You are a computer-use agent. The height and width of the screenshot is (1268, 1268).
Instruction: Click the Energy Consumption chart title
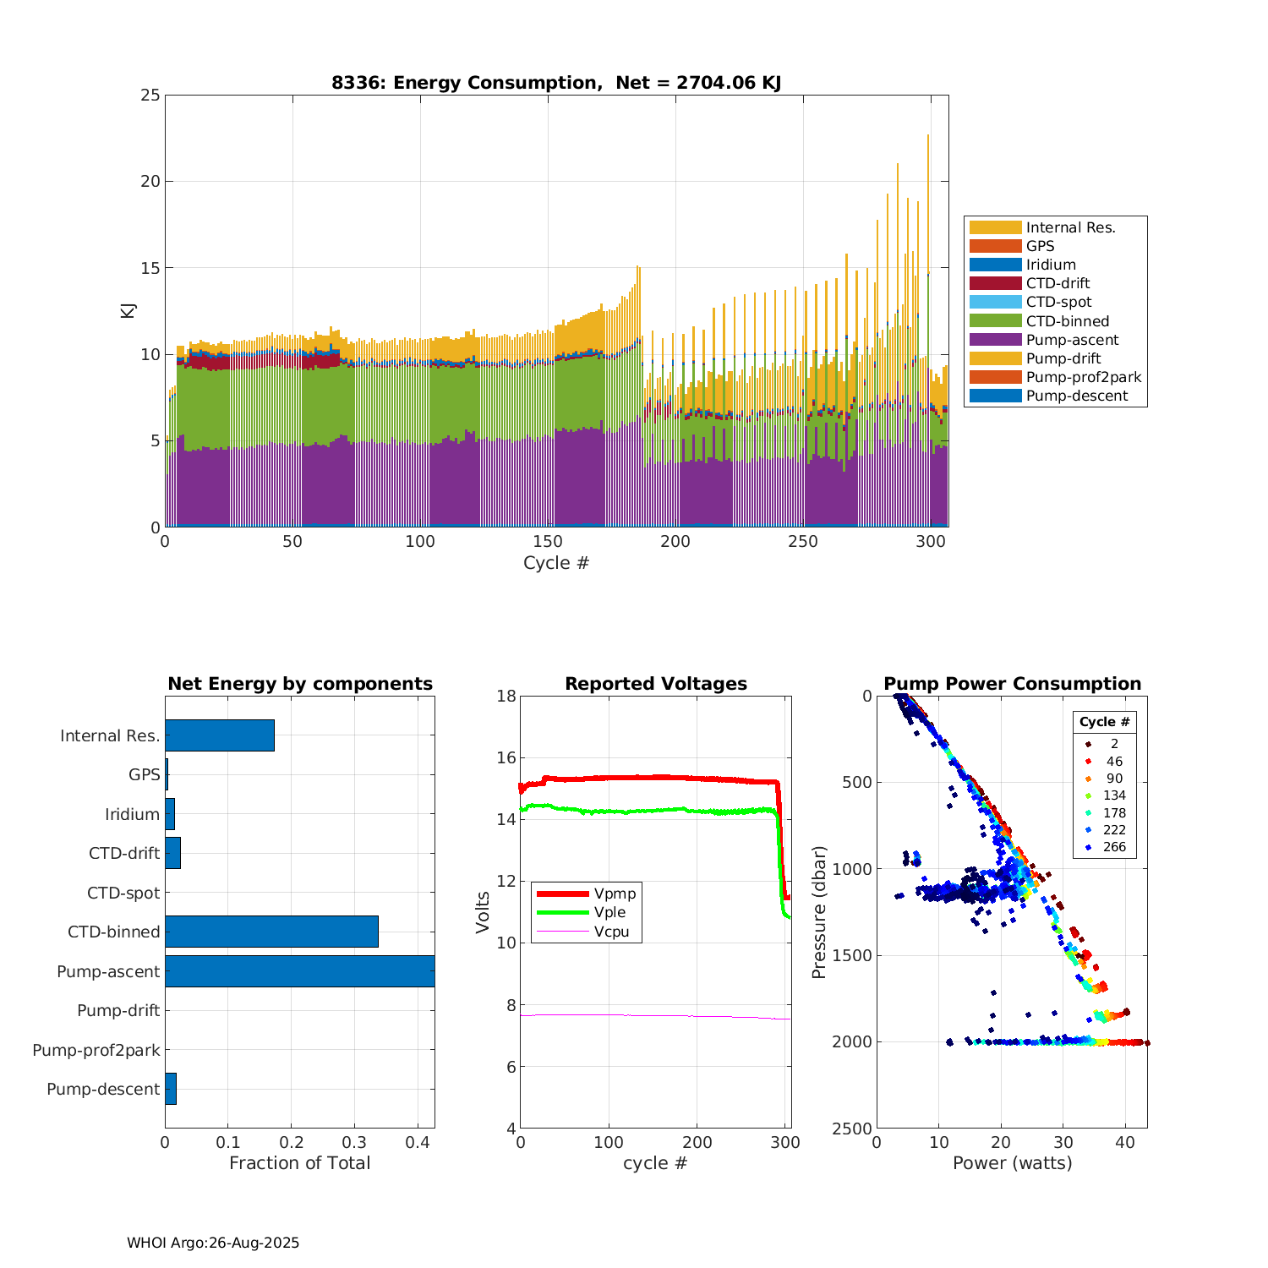coord(555,83)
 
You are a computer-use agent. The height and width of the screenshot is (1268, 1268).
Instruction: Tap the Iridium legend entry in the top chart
coord(1051,265)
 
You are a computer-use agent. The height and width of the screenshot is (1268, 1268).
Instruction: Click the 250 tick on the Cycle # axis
coord(803,542)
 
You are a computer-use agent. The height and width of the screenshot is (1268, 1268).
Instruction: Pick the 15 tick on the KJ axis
coord(150,268)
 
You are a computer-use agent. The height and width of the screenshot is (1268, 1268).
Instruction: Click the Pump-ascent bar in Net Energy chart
coord(299,971)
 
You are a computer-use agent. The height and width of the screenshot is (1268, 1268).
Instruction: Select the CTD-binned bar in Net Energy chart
coord(271,932)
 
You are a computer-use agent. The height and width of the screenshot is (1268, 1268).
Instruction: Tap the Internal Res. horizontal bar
coord(220,735)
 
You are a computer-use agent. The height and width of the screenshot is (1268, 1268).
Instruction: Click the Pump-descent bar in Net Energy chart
coord(171,1089)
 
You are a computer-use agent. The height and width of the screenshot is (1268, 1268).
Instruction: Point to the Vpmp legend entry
coord(615,894)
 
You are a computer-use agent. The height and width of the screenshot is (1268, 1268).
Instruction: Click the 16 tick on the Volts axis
coord(506,757)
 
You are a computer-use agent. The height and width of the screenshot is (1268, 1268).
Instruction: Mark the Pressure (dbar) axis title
coord(817,912)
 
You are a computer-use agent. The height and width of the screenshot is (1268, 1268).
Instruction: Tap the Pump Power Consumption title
coord(1012,684)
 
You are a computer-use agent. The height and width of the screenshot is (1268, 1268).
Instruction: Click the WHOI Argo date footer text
coord(213,1243)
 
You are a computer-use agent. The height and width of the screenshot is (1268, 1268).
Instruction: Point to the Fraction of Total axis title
coord(299,1163)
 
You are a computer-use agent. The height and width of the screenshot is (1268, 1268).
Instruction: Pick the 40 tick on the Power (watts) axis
coord(1125,1143)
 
